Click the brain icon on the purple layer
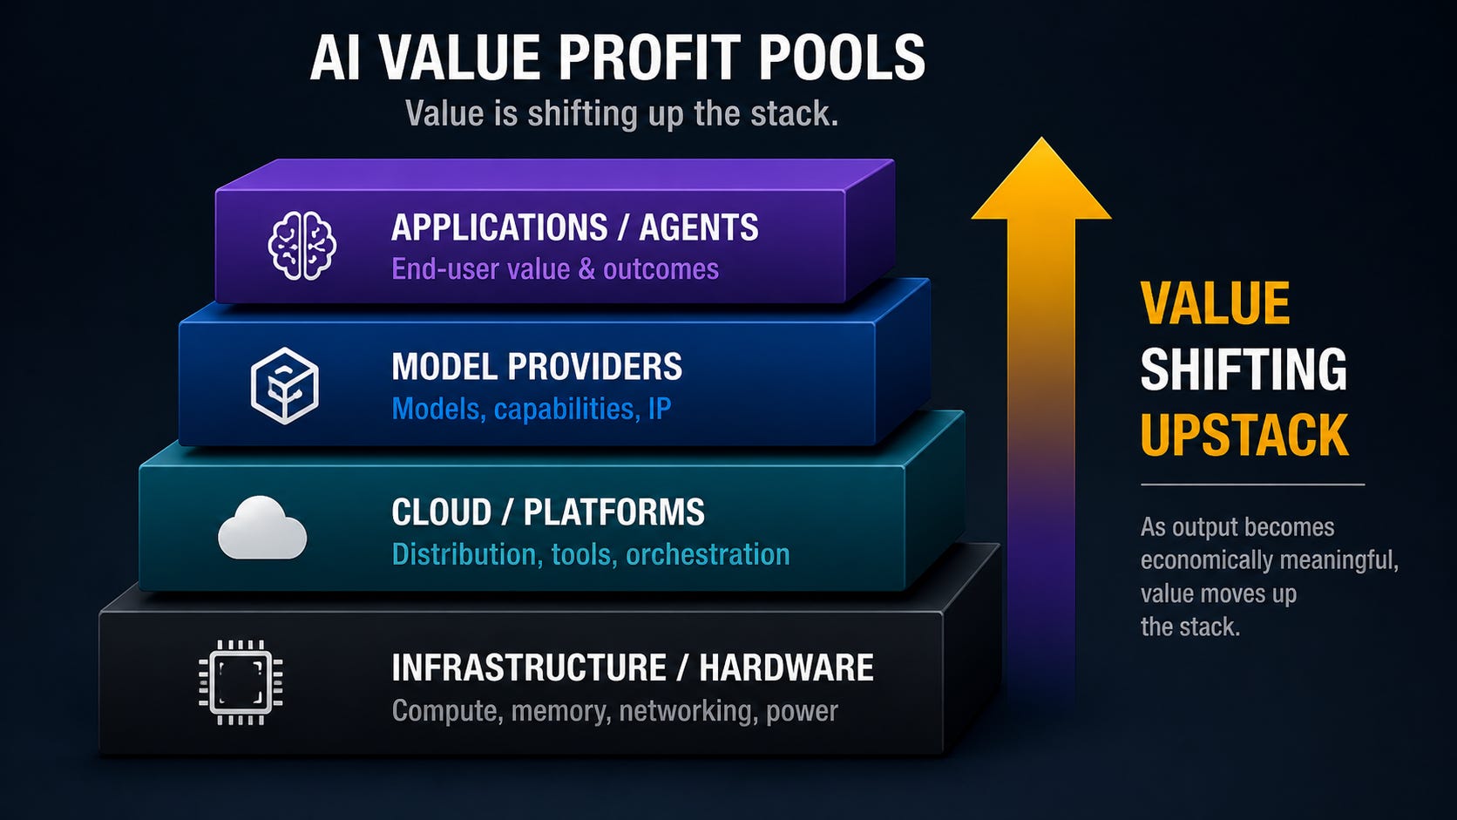coord(302,246)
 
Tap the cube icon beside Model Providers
coord(285,386)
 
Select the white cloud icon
coord(262,527)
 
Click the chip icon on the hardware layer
coord(241,682)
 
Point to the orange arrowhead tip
coord(1041,137)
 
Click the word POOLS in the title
coord(842,58)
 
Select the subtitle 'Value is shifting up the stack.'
coord(621,114)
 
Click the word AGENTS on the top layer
coord(699,227)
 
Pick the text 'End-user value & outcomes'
coord(555,269)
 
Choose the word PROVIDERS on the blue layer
coord(595,366)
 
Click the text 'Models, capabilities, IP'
coord(532,409)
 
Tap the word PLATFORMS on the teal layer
coord(614,512)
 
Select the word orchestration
coord(708,555)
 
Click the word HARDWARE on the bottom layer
coord(786,668)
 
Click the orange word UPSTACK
coord(1244,434)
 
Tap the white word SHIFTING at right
coord(1243,369)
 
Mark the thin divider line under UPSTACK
coord(1252,485)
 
